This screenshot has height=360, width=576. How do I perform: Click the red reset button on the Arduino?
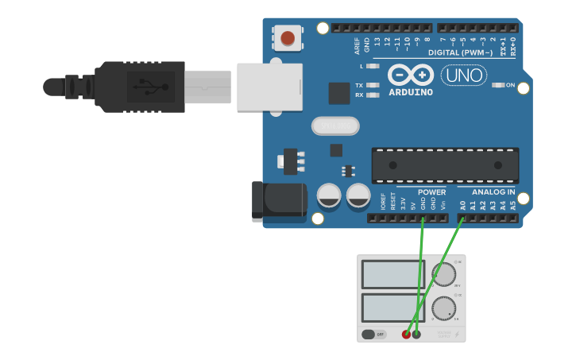[287, 38]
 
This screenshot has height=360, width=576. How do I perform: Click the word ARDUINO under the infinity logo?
[411, 92]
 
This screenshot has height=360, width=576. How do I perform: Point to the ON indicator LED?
[498, 85]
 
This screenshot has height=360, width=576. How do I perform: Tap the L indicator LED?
[373, 66]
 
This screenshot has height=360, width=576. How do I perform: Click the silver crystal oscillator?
[335, 126]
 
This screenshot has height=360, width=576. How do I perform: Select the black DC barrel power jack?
[279, 201]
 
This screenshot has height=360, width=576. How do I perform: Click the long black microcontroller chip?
[445, 165]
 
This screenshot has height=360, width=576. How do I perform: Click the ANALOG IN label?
[493, 192]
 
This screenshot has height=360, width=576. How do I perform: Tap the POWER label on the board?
[431, 192]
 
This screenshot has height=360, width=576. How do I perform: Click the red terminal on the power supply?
[406, 334]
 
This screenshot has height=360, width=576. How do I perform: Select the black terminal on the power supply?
[416, 334]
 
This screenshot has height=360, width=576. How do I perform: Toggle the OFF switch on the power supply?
[373, 334]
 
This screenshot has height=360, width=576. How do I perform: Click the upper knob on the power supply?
[443, 275]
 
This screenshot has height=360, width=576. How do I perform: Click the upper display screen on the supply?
[392, 274]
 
